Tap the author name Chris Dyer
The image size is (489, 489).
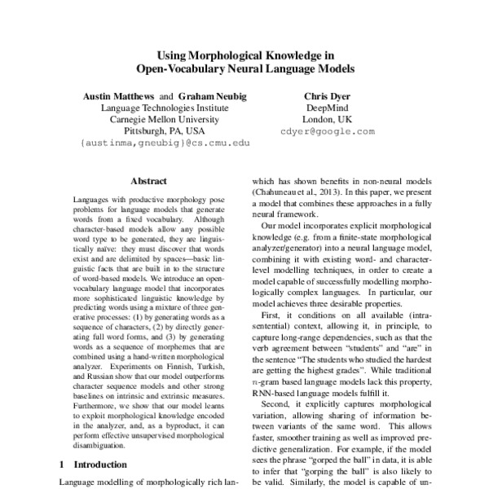coord(326,95)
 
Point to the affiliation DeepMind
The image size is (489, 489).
coord(327,108)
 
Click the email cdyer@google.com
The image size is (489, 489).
coord(327,130)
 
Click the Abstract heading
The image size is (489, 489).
coord(148,182)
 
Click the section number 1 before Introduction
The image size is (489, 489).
coord(64,465)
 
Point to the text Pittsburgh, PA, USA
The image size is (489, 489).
coord(153,130)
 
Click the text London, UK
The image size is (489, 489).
coord(327,119)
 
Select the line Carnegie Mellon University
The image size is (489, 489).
coord(153,119)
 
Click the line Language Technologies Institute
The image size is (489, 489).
coord(153,108)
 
